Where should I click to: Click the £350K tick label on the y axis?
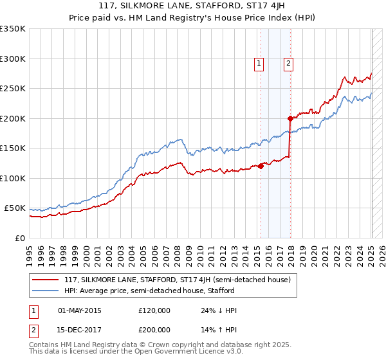point(13,29)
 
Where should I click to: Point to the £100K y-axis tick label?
point(13,178)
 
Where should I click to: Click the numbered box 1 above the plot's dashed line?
point(259,63)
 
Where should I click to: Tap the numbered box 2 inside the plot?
point(288,63)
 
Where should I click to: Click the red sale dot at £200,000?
point(290,118)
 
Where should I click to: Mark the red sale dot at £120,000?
point(261,166)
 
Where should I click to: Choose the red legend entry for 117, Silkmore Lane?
point(178,280)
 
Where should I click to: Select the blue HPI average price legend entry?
point(154,291)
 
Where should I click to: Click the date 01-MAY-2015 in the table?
point(80,310)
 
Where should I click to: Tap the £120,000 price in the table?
point(154,310)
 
